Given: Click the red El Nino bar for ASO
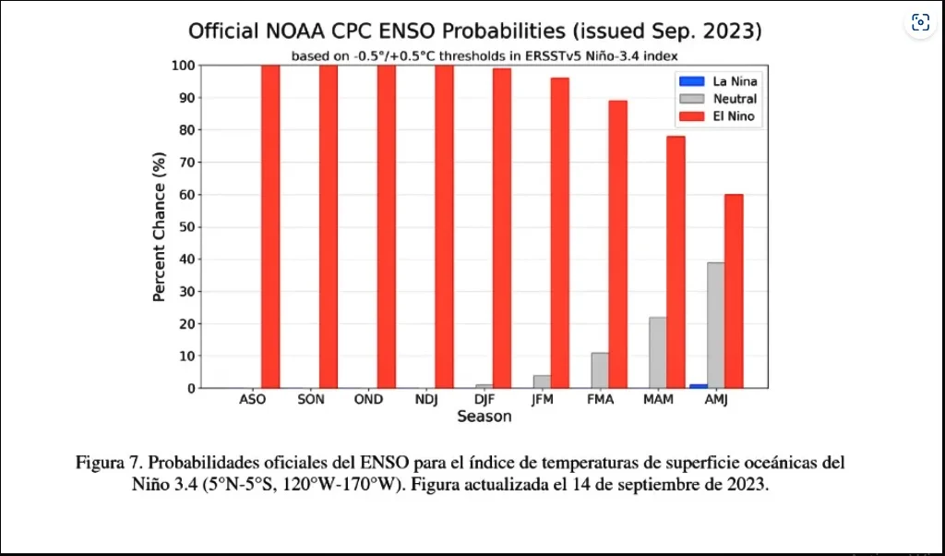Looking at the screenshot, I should click(x=270, y=226).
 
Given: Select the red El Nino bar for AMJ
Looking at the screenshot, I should click(x=734, y=291).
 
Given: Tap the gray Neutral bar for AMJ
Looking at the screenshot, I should click(x=715, y=325).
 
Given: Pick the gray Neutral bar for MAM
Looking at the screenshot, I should click(x=657, y=353).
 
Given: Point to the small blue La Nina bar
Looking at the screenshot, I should click(x=699, y=385).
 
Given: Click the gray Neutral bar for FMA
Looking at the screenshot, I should click(x=600, y=370).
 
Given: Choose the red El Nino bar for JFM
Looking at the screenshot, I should click(x=560, y=233).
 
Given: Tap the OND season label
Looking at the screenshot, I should click(x=367, y=400).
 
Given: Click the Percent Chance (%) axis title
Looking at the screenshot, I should click(x=159, y=227).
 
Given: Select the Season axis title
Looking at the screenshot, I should click(x=484, y=417).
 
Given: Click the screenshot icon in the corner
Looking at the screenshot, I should click(x=920, y=23).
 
